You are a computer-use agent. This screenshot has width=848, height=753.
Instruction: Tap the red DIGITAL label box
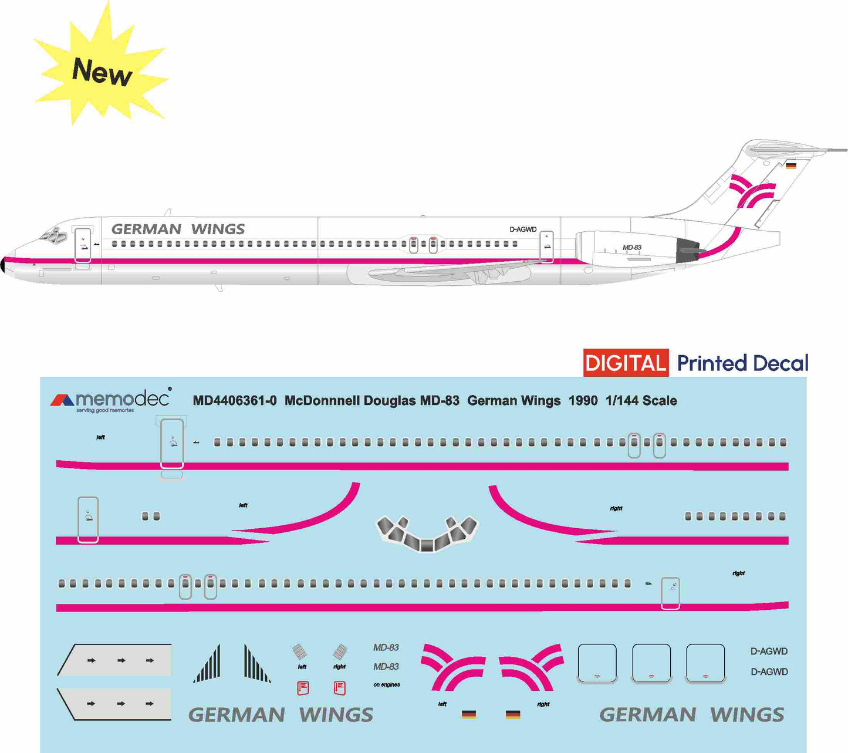(626, 363)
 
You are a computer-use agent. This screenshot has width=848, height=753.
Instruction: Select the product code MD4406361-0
(235, 401)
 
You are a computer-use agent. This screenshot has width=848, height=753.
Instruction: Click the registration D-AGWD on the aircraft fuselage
(522, 229)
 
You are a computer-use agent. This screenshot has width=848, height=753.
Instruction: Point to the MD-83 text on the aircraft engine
(632, 248)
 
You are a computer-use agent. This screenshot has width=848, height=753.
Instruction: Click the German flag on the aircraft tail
(791, 166)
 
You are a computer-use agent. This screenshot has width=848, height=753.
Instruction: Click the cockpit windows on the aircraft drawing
(52, 236)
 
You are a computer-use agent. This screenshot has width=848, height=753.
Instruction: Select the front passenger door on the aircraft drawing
(83, 245)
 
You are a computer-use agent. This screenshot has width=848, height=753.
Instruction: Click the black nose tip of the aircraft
(3, 265)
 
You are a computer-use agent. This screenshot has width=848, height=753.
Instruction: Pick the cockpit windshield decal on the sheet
(427, 533)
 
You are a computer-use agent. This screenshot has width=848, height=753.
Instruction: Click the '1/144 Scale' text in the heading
(641, 401)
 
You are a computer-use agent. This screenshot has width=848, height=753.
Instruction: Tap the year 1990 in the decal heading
(583, 401)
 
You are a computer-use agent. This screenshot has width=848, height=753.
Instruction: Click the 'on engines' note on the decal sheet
(387, 685)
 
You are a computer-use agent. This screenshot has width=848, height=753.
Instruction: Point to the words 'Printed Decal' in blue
(742, 363)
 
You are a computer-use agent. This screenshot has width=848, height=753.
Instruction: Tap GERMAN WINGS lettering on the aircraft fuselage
(178, 229)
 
